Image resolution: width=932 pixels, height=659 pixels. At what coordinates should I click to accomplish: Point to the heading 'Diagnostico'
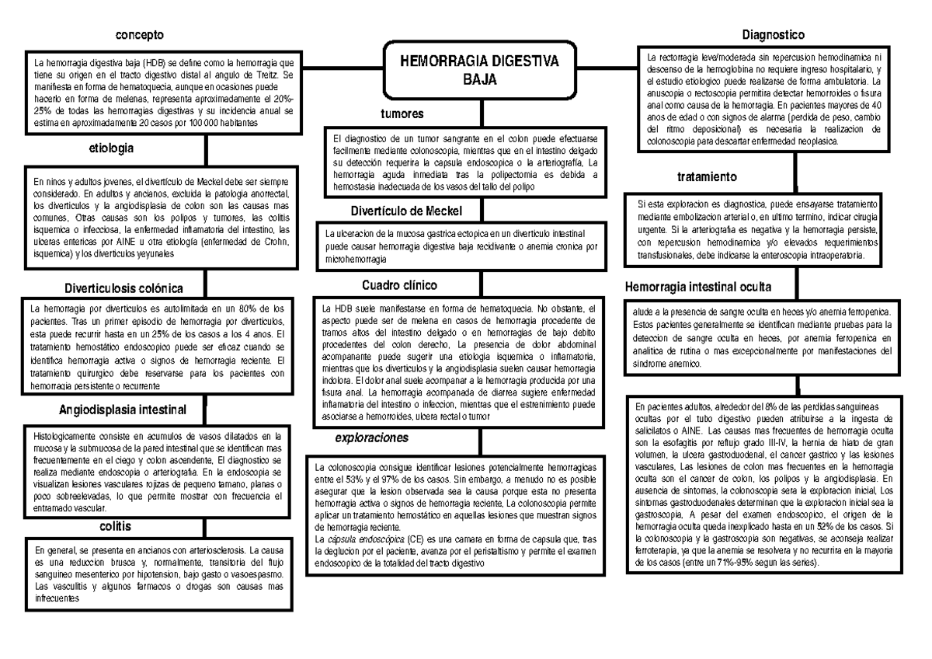point(773,34)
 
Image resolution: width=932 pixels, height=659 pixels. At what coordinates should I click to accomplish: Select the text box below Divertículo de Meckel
point(462,245)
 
